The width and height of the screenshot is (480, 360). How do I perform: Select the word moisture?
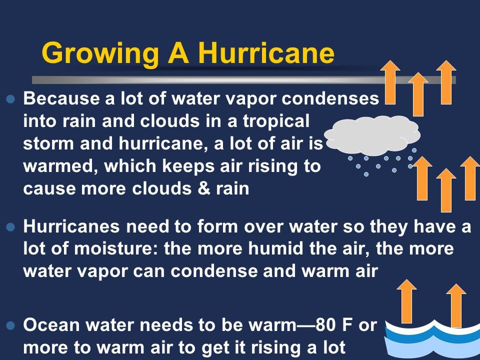click(x=115, y=249)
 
